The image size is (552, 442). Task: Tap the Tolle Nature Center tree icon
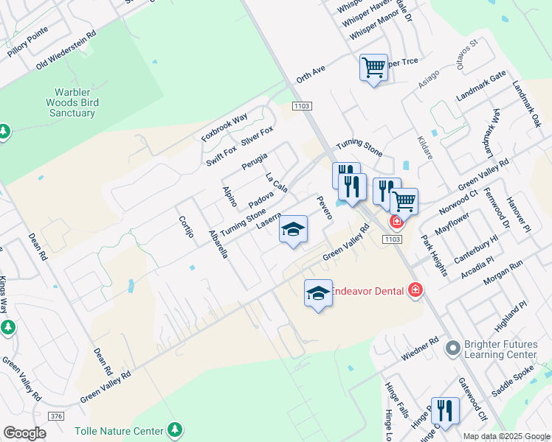pyautogui.click(x=175, y=429)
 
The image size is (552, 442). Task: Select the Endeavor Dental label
pyautogui.click(x=366, y=290)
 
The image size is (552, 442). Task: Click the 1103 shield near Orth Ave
pyautogui.click(x=302, y=106)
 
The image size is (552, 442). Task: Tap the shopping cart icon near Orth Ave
pyautogui.click(x=373, y=68)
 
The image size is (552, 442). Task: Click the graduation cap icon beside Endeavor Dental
pyautogui.click(x=318, y=292)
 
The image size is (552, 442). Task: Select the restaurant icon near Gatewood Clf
pyautogui.click(x=444, y=410)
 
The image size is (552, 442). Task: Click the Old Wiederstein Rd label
pyautogui.click(x=66, y=51)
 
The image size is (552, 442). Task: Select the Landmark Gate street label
pyautogui.click(x=481, y=86)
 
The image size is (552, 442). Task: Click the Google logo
pyautogui.click(x=24, y=433)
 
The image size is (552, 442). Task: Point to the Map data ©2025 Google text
pyautogui.click(x=506, y=436)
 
